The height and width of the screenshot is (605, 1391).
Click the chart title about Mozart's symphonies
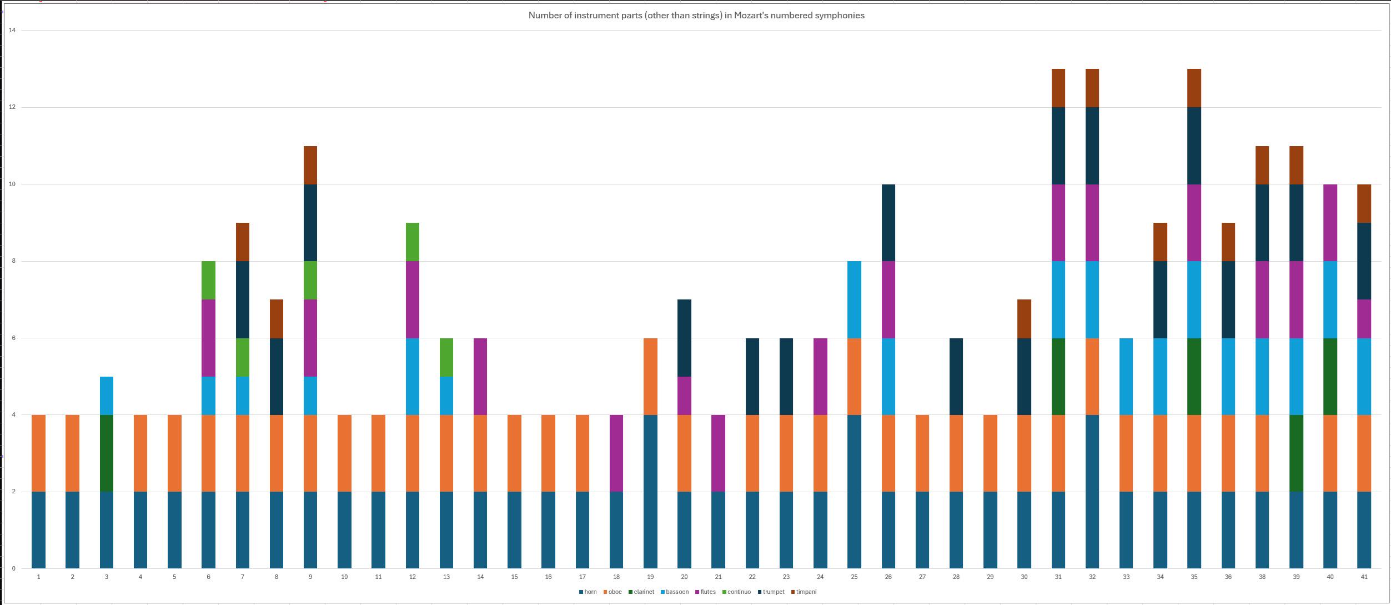[x=696, y=16]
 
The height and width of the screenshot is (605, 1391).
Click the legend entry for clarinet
[x=644, y=592]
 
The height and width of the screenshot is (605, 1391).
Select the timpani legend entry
[x=806, y=592]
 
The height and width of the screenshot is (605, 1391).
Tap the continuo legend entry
[x=739, y=592]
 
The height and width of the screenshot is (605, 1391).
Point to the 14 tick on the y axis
[x=12, y=30]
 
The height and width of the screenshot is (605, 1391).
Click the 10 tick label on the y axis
[x=12, y=184]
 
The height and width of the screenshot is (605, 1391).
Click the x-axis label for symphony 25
[x=854, y=577]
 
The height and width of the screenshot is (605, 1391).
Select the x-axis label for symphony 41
[x=1364, y=577]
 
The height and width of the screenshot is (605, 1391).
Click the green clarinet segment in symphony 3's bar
[x=107, y=453]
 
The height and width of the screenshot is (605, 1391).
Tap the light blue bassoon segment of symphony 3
[x=107, y=396]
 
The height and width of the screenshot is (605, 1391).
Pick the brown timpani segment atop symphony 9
[x=310, y=165]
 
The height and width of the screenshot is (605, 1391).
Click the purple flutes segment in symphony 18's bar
[x=616, y=453]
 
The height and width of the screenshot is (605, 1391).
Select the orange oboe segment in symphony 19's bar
[x=650, y=377]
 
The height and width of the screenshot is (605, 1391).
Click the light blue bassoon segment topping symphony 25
[x=854, y=299]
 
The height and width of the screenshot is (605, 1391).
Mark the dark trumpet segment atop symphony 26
[x=888, y=222]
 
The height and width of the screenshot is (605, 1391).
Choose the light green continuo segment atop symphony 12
[x=413, y=242]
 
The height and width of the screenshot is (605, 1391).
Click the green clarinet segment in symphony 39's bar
[x=1296, y=453]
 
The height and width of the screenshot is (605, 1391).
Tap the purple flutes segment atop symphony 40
[x=1330, y=222]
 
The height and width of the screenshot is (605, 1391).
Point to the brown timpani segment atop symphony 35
[x=1194, y=88]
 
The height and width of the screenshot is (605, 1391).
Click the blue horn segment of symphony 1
[x=38, y=530]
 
